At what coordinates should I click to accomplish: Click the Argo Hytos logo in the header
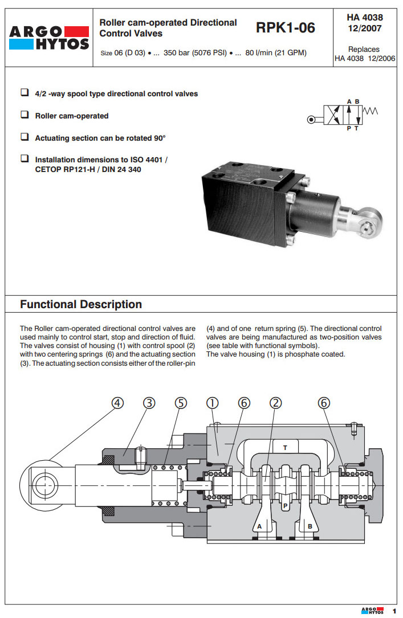coord(49,38)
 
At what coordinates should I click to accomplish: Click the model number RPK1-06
coord(285,27)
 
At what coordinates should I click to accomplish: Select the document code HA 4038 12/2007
coord(364,23)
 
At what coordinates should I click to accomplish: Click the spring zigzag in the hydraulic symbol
coord(370,111)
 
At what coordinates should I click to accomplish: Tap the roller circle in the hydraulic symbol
coord(311,120)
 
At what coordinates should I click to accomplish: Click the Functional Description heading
coord(81,304)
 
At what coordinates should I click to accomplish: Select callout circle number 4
coord(117,403)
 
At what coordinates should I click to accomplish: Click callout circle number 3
coord(149,403)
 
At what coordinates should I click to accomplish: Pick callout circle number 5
coord(181,403)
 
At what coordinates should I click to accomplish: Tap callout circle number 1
coord(211,403)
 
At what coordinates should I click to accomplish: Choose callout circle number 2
coord(276,403)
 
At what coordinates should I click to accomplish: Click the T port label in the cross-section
coord(285,448)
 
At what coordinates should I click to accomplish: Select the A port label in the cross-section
coord(259,526)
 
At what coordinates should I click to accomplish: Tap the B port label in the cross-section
coord(310,526)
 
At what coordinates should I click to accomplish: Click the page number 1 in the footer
coord(393,611)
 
